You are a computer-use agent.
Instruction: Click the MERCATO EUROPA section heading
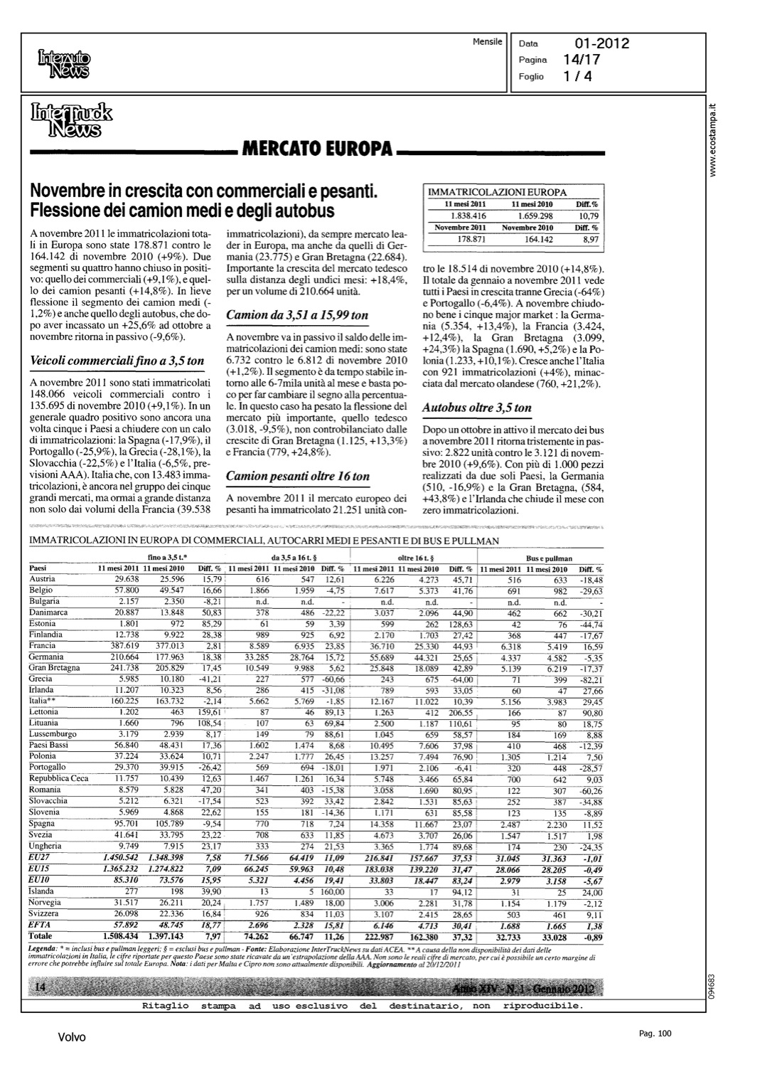(x=317, y=150)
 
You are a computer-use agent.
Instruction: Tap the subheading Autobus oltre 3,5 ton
(x=476, y=408)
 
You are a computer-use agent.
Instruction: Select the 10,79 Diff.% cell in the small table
(x=589, y=216)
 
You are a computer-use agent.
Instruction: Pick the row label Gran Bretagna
(x=54, y=668)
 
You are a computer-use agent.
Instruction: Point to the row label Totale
(x=41, y=935)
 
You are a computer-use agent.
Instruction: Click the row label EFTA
(x=39, y=924)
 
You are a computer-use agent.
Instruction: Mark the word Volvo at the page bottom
(x=72, y=1037)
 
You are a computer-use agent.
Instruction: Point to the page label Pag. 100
(x=654, y=1034)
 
